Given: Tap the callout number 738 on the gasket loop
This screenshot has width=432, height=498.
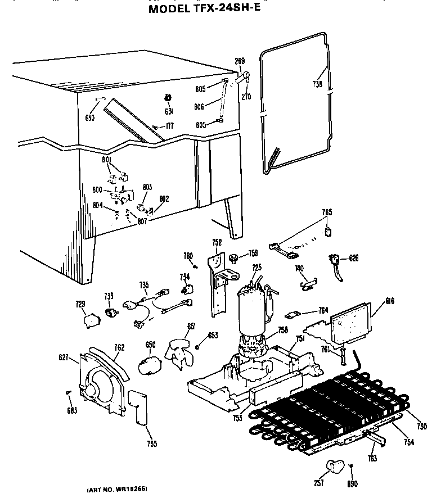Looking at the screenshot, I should coord(317,85).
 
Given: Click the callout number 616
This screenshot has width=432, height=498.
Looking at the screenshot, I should coord(390,301).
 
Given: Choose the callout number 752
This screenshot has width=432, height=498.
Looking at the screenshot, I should coord(217,242).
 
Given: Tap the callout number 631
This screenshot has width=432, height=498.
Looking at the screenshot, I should coord(168,112).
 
